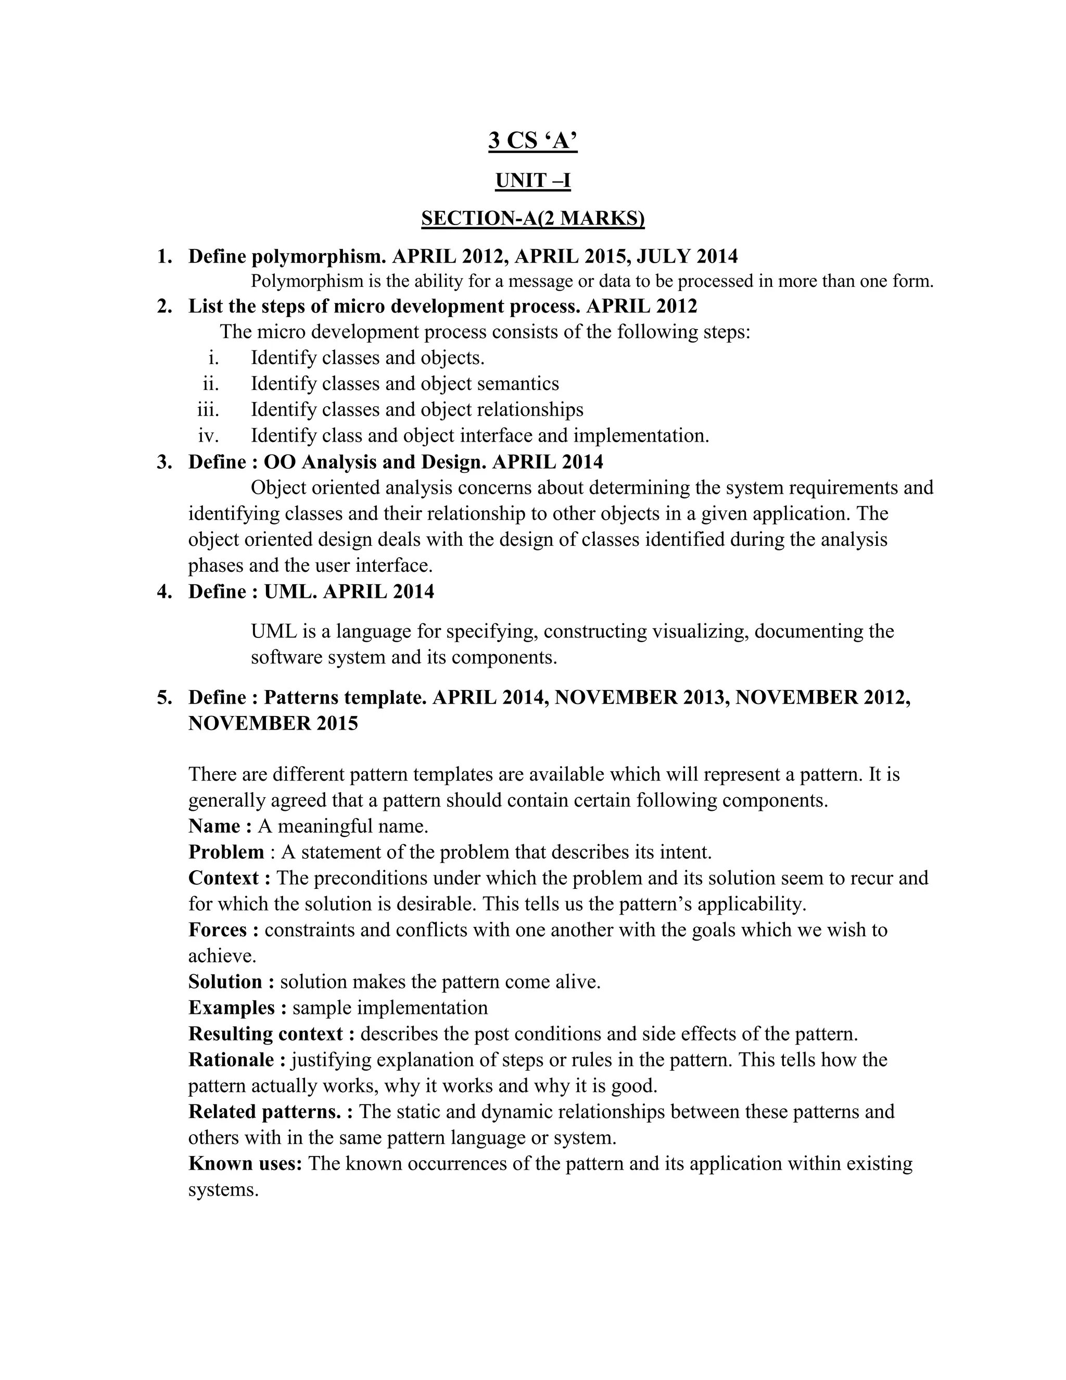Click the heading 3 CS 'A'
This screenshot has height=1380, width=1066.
point(533,140)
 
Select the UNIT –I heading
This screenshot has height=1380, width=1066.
point(533,181)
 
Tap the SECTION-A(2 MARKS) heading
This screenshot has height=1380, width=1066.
point(533,218)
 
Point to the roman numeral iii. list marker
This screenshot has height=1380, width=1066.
point(208,409)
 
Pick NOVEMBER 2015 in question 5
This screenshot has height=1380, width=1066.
point(273,723)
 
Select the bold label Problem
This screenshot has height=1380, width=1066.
point(226,852)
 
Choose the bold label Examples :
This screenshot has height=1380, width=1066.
point(237,1007)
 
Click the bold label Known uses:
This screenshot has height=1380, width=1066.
point(245,1163)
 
